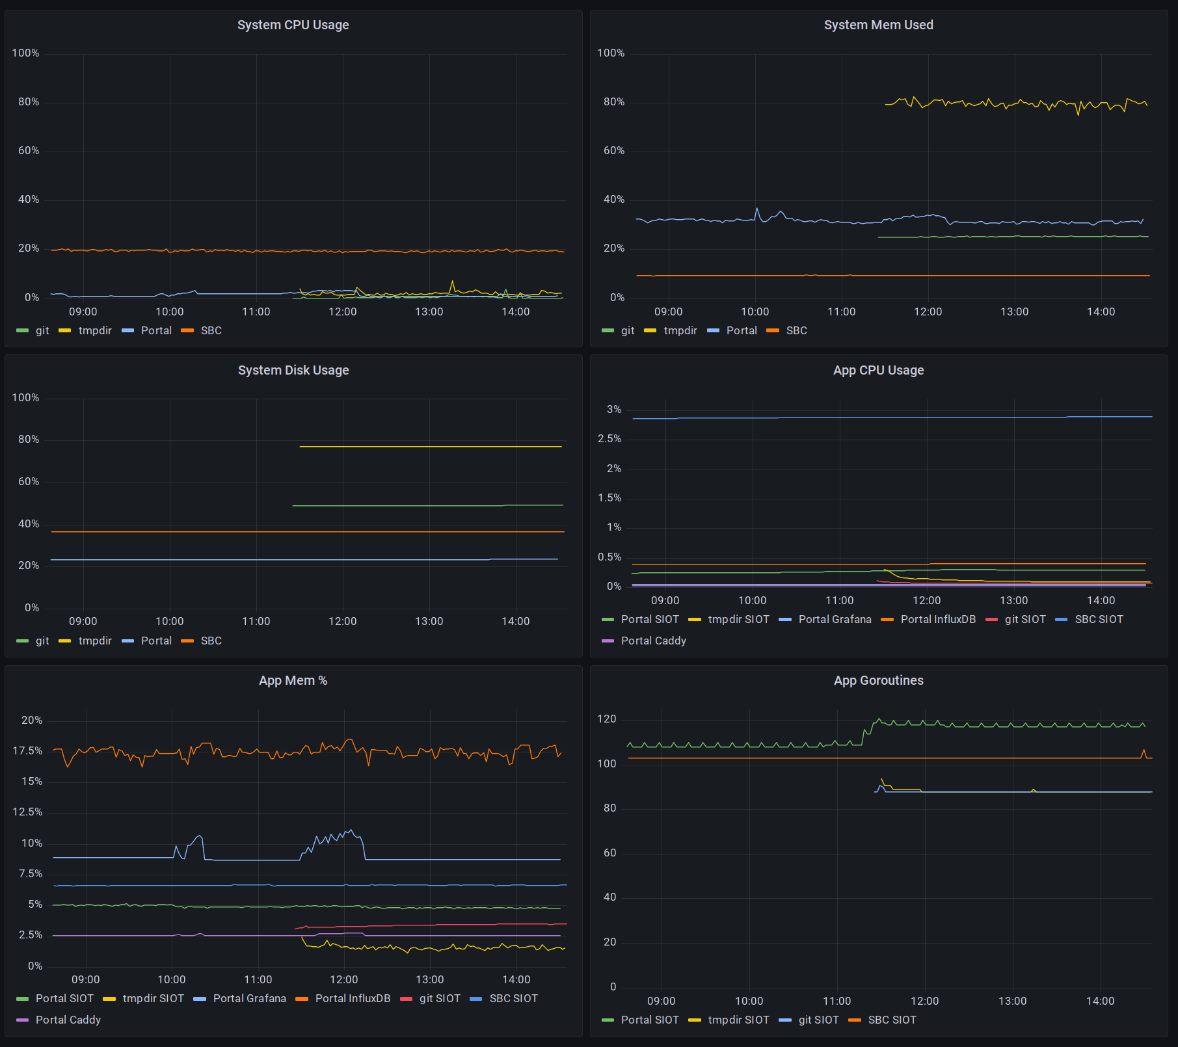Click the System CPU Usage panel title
point(293,25)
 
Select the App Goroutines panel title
point(878,680)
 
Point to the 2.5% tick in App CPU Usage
point(609,439)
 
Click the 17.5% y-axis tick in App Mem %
point(27,750)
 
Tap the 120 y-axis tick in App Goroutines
point(607,719)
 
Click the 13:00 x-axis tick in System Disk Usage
point(429,621)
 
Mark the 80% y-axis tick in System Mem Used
point(614,101)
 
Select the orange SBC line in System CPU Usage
point(308,250)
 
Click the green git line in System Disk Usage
point(427,505)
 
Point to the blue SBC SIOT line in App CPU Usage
point(892,417)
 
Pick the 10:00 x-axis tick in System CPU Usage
point(170,311)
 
